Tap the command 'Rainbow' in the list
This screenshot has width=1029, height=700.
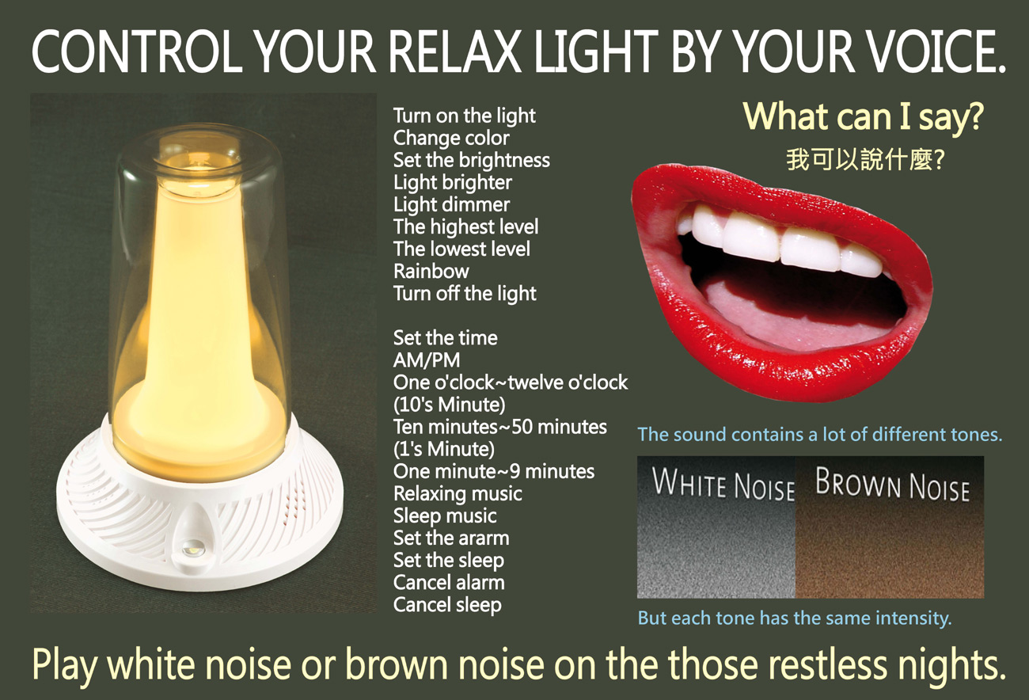[x=431, y=271]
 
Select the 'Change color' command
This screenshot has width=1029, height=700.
[x=451, y=138]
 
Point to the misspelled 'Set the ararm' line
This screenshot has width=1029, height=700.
[x=451, y=538]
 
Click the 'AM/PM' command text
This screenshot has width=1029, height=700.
[x=427, y=360]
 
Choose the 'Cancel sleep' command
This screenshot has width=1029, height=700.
[x=447, y=605]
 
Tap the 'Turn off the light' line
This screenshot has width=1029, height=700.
[x=465, y=294]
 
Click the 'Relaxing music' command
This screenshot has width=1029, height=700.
[x=458, y=493]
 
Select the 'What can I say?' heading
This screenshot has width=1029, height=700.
[x=863, y=116]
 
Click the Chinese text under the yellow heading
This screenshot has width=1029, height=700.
[x=865, y=160]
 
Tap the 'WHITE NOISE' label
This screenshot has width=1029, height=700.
[x=723, y=484]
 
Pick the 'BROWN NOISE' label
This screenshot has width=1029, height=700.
[x=892, y=484]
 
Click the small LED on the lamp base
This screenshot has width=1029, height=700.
[x=190, y=548]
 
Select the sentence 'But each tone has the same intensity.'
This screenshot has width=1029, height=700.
[x=795, y=618]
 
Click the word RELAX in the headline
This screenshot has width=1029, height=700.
[x=455, y=51]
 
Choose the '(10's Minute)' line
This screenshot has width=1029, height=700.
[x=450, y=405]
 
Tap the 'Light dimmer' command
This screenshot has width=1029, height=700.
[x=451, y=204]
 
